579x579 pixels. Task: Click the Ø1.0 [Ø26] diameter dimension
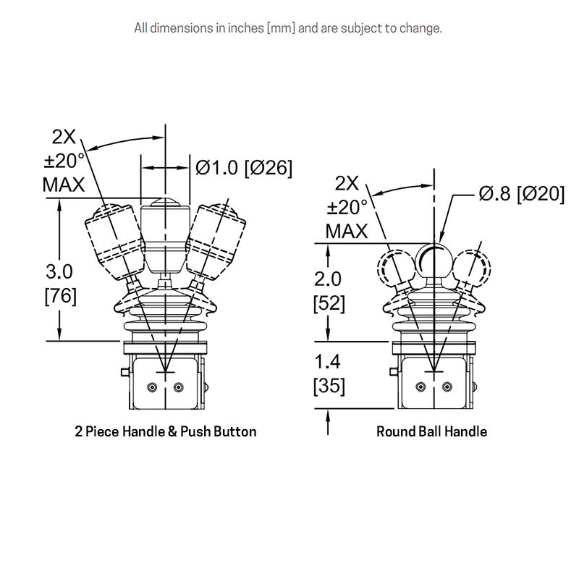pos(244,168)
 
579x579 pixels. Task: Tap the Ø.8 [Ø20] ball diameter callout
pos(522,193)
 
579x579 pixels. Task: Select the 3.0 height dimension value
pos(59,272)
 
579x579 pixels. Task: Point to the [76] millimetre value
pos(61,296)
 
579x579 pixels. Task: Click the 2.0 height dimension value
pos(328,279)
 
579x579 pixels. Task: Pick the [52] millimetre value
pos(329,303)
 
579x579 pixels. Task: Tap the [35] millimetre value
pos(329,386)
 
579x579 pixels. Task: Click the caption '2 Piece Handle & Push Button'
pos(166,431)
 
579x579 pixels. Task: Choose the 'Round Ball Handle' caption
pos(431,431)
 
